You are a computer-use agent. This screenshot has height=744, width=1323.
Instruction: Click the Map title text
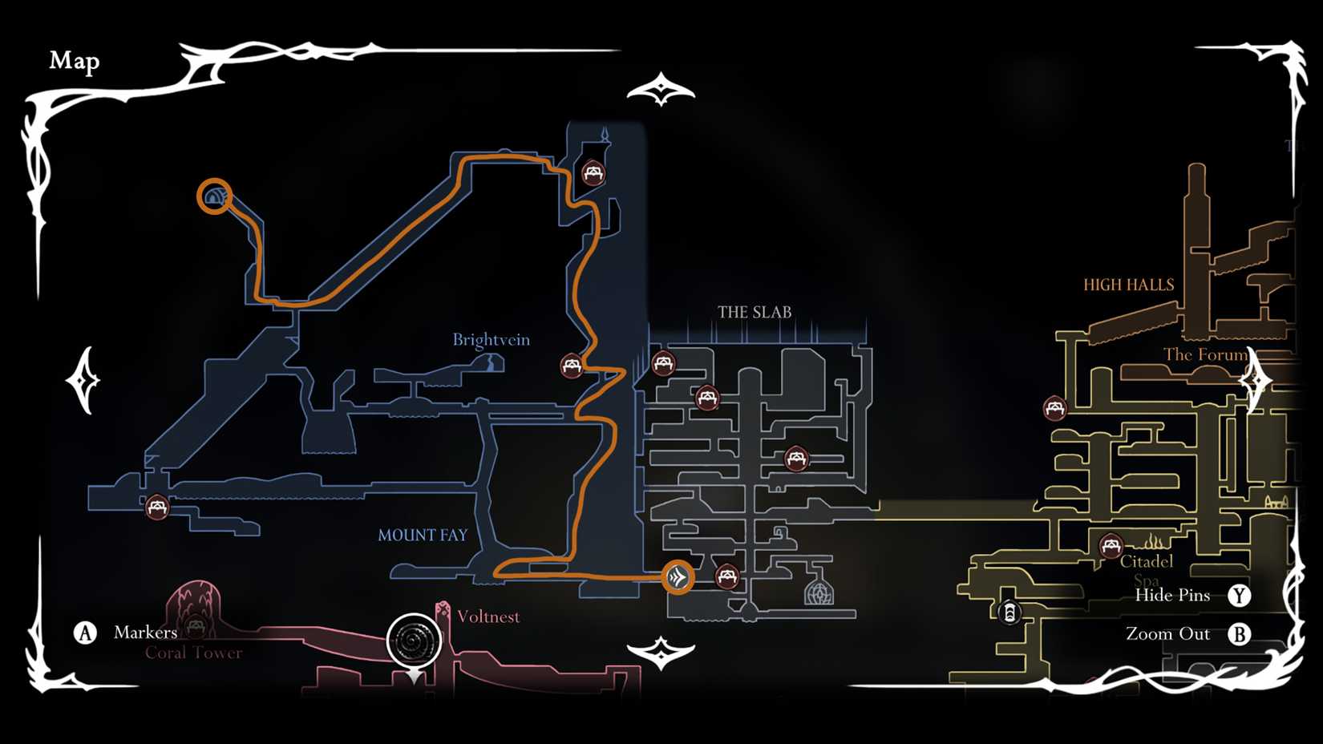click(75, 61)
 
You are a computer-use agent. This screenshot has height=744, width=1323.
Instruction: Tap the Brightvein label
click(491, 340)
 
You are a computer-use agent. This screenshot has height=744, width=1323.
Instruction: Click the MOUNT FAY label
click(423, 535)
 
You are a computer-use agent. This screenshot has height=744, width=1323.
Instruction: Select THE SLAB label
click(754, 312)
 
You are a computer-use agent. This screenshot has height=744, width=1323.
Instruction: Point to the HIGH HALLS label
click(1128, 285)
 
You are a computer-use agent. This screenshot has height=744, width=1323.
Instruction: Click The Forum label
click(1205, 354)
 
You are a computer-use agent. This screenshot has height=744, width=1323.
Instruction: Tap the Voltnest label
click(488, 617)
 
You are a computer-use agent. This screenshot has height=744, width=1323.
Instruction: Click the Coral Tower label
click(193, 653)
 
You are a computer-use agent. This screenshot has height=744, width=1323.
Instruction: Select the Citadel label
click(1146, 561)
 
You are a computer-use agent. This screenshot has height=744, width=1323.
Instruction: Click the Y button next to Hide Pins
click(1239, 596)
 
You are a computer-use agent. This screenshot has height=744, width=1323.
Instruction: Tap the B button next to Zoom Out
click(1239, 634)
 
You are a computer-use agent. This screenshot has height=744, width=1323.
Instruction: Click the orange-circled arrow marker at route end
click(678, 577)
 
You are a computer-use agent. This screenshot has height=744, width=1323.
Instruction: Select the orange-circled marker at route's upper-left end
click(214, 196)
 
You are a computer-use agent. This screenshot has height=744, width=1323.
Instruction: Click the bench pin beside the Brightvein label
click(572, 366)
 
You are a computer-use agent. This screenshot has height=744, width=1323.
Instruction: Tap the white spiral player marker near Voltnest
click(415, 641)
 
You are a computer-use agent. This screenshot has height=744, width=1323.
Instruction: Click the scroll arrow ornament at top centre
click(661, 90)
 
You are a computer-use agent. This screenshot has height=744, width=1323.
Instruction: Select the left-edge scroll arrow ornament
click(83, 380)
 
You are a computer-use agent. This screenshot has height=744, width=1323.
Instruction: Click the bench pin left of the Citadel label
click(1111, 547)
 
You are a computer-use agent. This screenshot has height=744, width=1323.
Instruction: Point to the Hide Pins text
click(1172, 595)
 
